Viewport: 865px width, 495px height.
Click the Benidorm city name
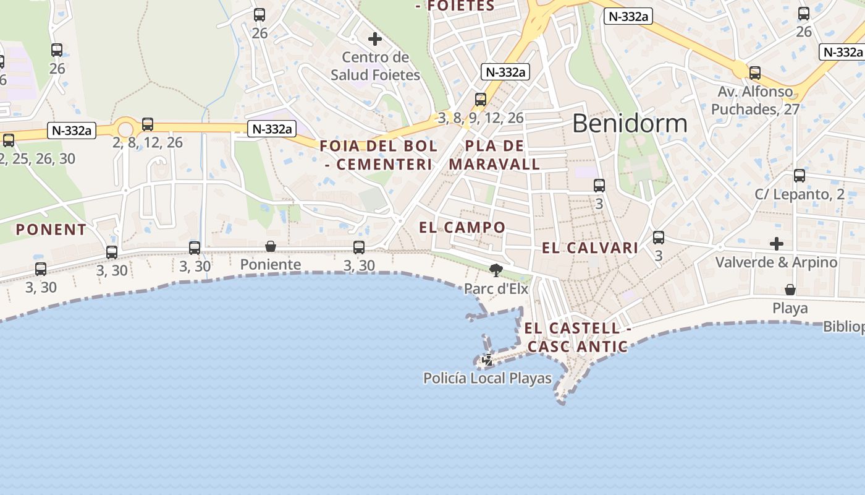pos(629,124)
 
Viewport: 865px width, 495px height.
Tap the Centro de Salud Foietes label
pos(375,66)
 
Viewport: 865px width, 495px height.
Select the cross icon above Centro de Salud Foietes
pos(374,39)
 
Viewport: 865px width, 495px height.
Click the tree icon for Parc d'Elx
pos(496,270)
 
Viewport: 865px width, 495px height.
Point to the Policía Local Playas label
pos(487,378)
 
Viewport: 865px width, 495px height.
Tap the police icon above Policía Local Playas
pos(488,359)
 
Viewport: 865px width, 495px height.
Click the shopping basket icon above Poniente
pos(271,246)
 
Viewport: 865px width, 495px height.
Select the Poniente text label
pos(271,265)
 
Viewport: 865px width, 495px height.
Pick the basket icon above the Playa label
pos(790,289)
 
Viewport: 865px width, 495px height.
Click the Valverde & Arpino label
pos(776,262)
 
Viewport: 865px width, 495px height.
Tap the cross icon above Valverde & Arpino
pos(776,243)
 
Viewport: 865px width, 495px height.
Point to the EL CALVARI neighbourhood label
pos(589,248)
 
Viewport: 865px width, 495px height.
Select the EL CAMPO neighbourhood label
pos(462,227)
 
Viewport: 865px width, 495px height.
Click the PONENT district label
pos(51,230)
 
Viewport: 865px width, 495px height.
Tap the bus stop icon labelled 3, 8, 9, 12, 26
pos(480,99)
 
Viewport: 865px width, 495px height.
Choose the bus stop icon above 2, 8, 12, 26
pos(148,124)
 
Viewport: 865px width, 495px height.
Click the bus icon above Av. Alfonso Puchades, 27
pos(754,73)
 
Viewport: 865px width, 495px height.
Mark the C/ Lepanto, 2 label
pos(799,194)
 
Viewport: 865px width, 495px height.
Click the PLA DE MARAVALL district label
pos(494,155)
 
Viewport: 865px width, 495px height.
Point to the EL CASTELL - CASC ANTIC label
pos(578,337)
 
